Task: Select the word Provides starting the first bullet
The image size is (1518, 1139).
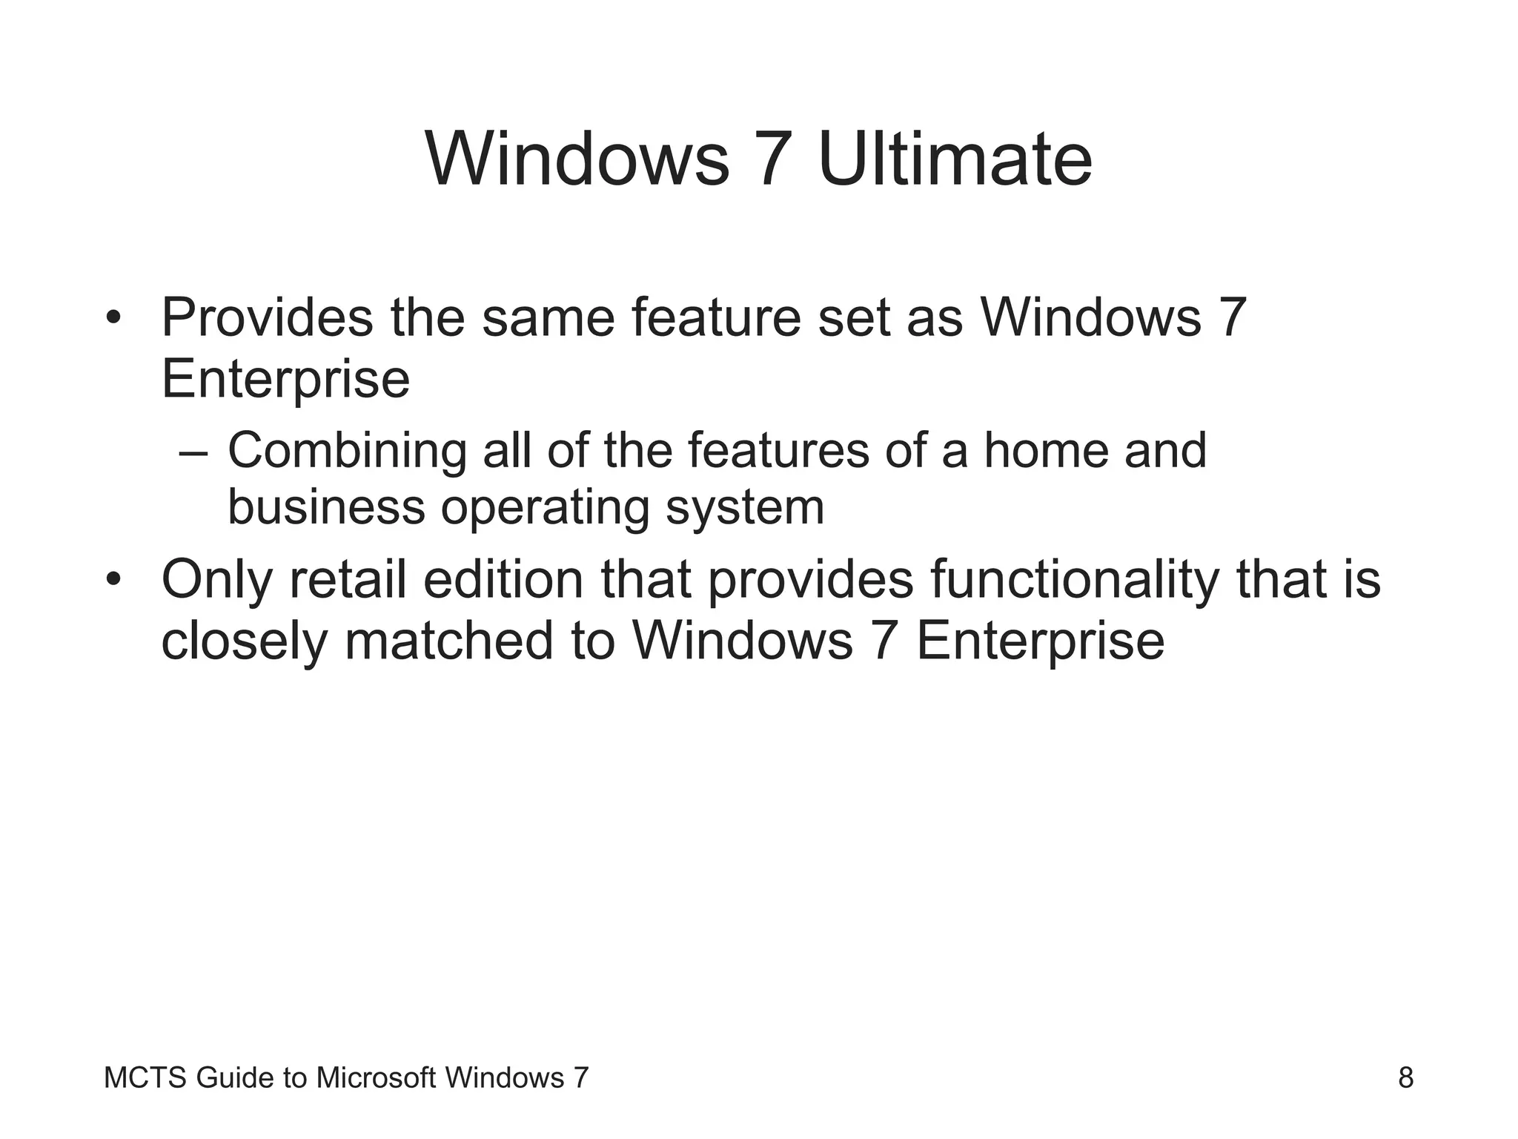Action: (x=267, y=317)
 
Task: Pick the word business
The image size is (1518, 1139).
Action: (x=326, y=508)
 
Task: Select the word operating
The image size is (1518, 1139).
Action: (x=545, y=509)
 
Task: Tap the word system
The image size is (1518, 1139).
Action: (x=744, y=509)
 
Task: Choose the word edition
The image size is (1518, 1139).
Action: (x=503, y=580)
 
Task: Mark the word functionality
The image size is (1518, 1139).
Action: (x=1074, y=580)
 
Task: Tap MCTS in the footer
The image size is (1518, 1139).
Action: (x=145, y=1077)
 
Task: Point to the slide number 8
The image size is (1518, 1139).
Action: (x=1405, y=1077)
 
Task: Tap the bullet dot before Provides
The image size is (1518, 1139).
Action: (x=113, y=317)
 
